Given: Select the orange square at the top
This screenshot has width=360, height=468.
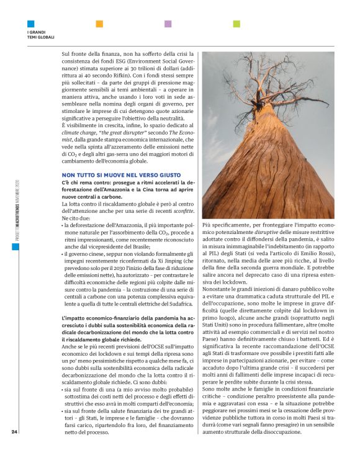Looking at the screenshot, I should point(99,24).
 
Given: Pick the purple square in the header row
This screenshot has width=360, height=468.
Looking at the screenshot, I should point(168,24).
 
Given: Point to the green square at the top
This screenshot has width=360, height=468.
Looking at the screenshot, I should point(236,24).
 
